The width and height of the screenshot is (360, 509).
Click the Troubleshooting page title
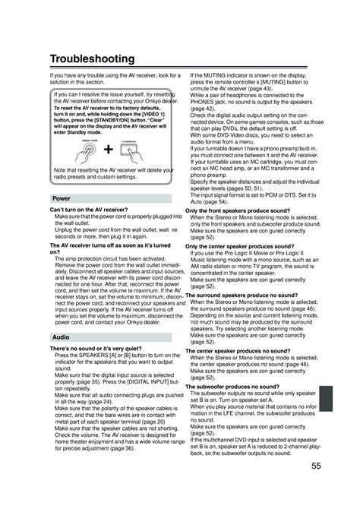click(x=100, y=58)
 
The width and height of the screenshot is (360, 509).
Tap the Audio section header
click(x=62, y=335)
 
